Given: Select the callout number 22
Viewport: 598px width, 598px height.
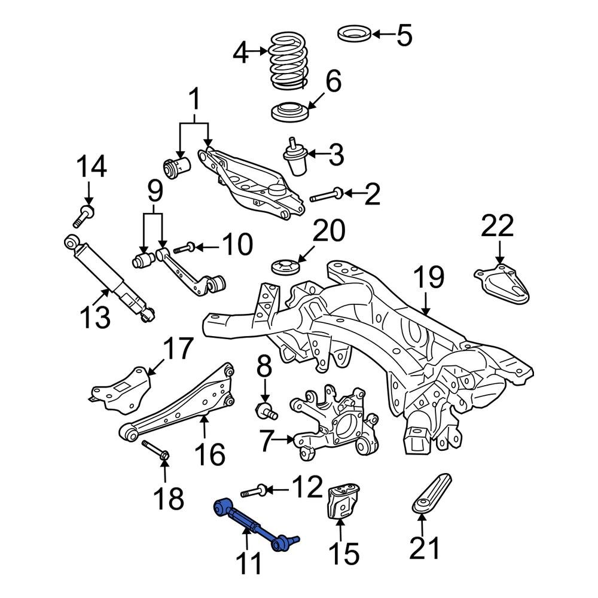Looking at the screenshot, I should point(498,227).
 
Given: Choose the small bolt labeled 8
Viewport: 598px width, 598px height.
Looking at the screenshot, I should point(266,410).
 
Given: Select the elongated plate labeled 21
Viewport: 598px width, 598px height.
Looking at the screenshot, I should point(432,493).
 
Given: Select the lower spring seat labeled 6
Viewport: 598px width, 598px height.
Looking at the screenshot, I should point(290,113).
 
